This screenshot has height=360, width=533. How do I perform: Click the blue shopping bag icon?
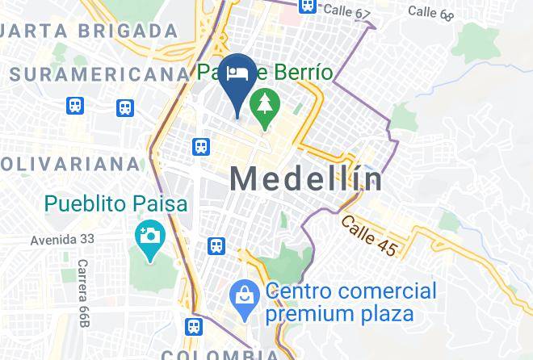point(243,296)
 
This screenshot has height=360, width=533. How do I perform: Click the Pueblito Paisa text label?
point(116,204)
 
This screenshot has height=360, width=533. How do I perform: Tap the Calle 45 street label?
point(369,236)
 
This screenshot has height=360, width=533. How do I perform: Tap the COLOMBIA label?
point(218,354)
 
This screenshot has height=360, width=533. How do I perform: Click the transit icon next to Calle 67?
point(306,6)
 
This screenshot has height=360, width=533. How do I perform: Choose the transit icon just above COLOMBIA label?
point(192,327)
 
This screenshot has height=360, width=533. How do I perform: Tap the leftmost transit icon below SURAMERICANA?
point(74,106)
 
